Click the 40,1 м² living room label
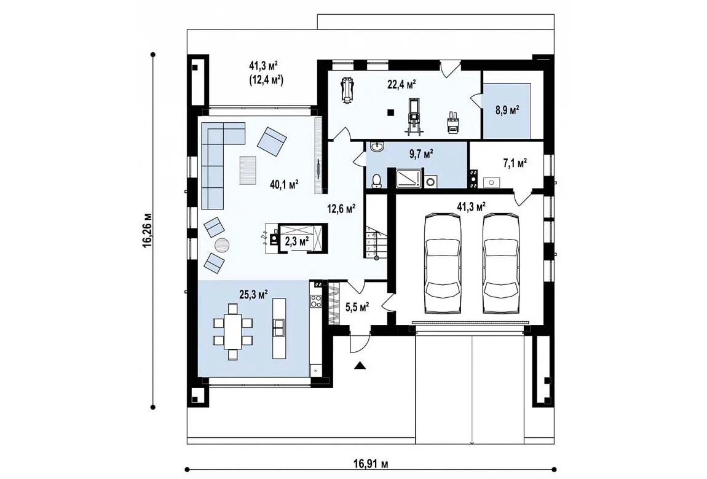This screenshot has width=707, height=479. point(284,184)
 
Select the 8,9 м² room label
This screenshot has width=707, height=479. point(507,111)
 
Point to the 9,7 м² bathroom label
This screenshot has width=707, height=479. point(421,154)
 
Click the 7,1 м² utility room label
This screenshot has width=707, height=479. point(515,163)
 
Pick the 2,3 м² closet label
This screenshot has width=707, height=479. point(297,241)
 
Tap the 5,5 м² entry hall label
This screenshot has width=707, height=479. point(357,307)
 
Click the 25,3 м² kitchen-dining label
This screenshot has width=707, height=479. point(253,294)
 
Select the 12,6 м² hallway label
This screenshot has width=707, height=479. point(341,208)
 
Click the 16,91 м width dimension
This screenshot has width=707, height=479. point(371,464)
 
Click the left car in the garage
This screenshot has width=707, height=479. point(443,263)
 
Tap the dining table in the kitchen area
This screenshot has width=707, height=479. point(232,332)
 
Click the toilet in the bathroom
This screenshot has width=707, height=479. point(376,181)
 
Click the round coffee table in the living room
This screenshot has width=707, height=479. point(223,246)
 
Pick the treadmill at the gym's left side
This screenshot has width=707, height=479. point(346,92)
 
